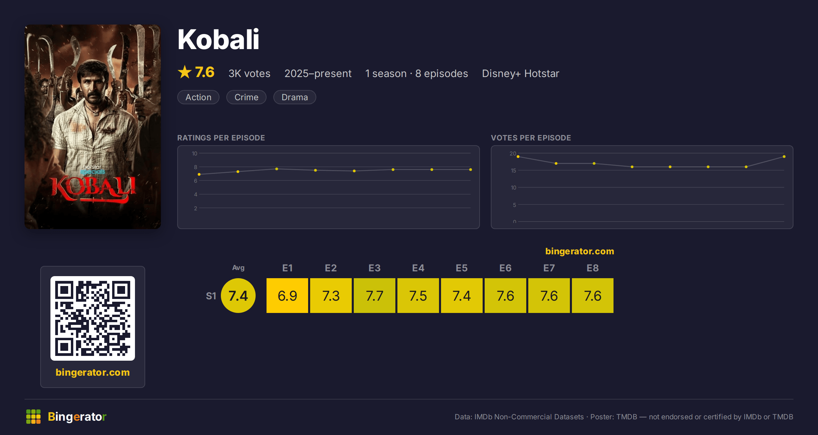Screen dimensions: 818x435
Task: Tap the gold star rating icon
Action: (x=185, y=72)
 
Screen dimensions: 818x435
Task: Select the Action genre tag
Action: (x=198, y=97)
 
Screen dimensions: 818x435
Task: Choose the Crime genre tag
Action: (x=246, y=97)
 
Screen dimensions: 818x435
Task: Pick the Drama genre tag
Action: (x=295, y=97)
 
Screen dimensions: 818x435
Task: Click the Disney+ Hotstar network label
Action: (x=520, y=73)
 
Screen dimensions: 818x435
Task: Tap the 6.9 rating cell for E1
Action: (x=287, y=296)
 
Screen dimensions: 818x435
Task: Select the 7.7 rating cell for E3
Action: (x=375, y=296)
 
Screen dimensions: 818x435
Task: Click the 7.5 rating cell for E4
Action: (x=418, y=296)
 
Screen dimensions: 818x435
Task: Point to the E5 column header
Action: (x=462, y=268)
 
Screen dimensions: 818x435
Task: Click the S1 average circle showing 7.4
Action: (x=238, y=296)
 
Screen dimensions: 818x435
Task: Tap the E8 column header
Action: (x=593, y=268)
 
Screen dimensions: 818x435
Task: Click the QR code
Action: (x=93, y=318)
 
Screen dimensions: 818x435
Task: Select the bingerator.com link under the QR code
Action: (x=93, y=372)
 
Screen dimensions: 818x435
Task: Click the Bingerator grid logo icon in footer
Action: (x=33, y=417)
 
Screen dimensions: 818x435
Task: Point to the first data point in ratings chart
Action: (x=199, y=174)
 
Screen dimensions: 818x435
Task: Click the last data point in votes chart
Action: (x=784, y=156)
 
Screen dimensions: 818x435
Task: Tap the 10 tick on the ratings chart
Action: (x=195, y=153)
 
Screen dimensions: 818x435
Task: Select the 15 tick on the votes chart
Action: (x=513, y=170)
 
